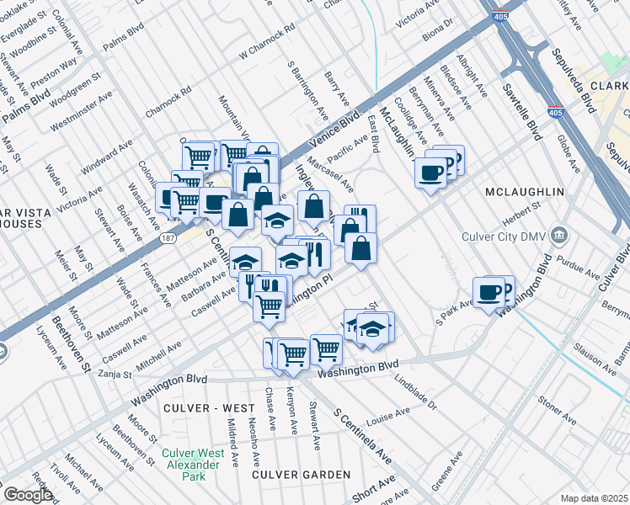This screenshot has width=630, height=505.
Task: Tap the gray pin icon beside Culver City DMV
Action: click(x=562, y=235)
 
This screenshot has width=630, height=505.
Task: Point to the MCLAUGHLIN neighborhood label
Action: click(x=525, y=193)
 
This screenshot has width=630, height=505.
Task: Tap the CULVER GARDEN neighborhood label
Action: click(x=302, y=475)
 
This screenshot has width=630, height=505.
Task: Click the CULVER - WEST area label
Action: click(x=210, y=408)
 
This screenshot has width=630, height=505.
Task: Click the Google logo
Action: click(x=27, y=495)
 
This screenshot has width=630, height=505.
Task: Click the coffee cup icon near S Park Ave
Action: click(x=489, y=292)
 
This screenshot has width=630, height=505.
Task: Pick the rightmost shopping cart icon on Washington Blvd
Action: click(x=326, y=348)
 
